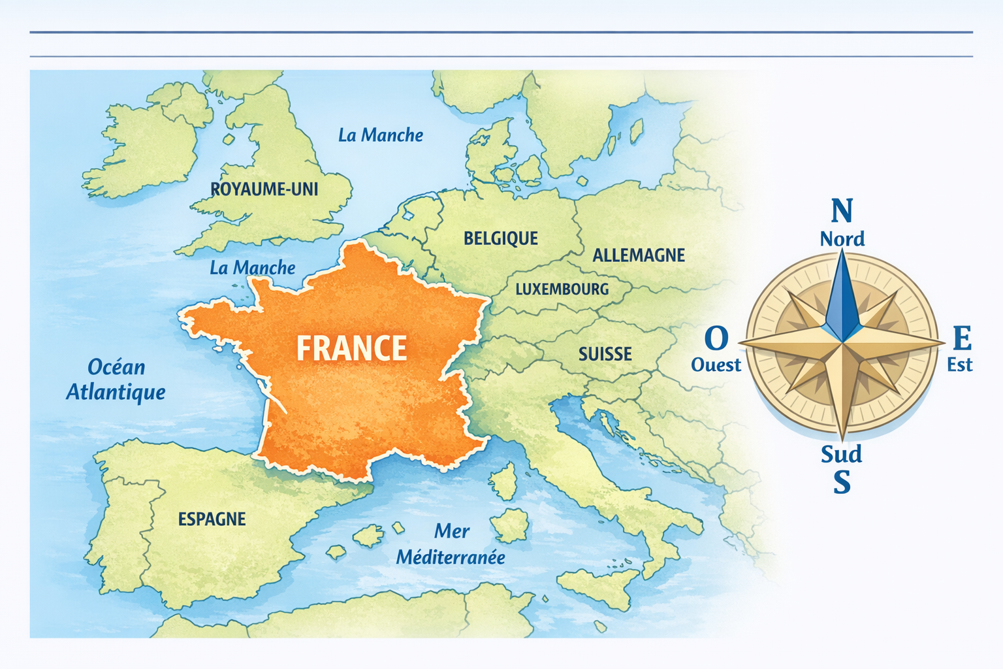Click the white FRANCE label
click(x=351, y=348)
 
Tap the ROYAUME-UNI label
click(x=264, y=189)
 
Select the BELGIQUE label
click(x=501, y=238)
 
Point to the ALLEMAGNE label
click(x=638, y=255)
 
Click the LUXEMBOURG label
click(x=562, y=289)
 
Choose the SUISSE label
click(x=605, y=354)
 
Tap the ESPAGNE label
click(x=212, y=519)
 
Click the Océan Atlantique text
click(x=116, y=380)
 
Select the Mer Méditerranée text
click(x=451, y=544)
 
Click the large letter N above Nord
click(x=842, y=211)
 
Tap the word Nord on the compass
click(x=842, y=239)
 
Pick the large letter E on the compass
click(x=962, y=339)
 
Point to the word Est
click(x=960, y=365)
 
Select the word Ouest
click(x=716, y=365)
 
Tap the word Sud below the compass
click(x=841, y=454)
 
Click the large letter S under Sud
click(x=842, y=482)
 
